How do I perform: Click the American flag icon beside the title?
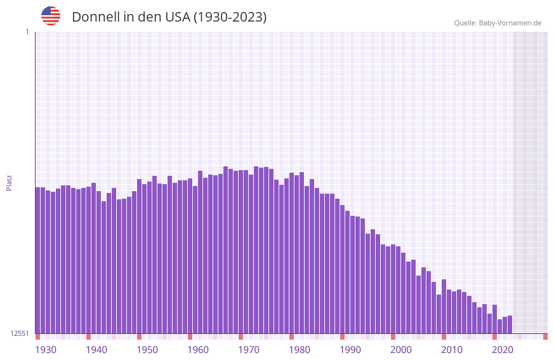point(51,16)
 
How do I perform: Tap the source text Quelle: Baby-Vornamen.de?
point(498,23)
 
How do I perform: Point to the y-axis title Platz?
point(9,182)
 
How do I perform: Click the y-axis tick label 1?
point(27,32)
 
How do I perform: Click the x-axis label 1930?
point(46,350)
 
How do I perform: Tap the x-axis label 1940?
point(96,350)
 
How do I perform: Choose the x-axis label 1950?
point(147,350)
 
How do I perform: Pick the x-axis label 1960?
point(198,350)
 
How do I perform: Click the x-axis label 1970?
point(249,350)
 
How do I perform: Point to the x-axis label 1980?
point(300,350)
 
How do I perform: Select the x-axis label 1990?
point(350,350)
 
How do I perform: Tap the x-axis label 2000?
point(401,350)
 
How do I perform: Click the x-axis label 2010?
point(452,350)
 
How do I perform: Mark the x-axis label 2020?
point(503,350)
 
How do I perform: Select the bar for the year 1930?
point(37,260)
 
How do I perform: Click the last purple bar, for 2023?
point(510,324)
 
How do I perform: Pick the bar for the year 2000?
point(393,289)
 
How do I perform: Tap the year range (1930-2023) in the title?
point(230,17)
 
